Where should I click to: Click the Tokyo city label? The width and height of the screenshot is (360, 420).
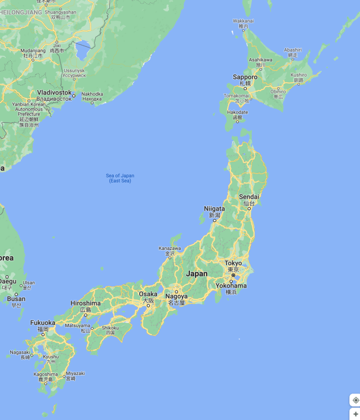tap(233, 263)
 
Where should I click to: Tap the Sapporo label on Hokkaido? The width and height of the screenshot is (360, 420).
tap(245, 77)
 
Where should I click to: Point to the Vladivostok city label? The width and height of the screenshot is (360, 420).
tap(54, 92)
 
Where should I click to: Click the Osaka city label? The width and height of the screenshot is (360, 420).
tap(148, 294)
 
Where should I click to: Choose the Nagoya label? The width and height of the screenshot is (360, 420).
tap(176, 296)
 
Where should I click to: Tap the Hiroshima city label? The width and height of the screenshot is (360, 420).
tap(86, 303)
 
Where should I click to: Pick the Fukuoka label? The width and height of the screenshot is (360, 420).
tap(43, 323)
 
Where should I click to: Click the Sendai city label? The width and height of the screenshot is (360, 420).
tap(249, 196)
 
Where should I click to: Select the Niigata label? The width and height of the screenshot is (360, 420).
tap(214, 209)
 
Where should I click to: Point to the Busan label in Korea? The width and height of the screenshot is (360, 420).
tap(16, 299)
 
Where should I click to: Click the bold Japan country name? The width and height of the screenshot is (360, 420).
tap(197, 274)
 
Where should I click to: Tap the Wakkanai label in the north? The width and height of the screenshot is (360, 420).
tap(243, 21)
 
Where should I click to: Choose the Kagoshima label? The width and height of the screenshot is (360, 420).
tap(46, 374)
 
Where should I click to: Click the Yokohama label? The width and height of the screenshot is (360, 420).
tap(231, 285)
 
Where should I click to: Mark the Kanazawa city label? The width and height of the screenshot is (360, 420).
tap(170, 248)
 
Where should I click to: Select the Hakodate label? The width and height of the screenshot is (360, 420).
tap(237, 112)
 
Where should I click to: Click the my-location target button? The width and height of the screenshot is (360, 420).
tap(355, 400)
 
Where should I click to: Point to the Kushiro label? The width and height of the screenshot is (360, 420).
tap(299, 75)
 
